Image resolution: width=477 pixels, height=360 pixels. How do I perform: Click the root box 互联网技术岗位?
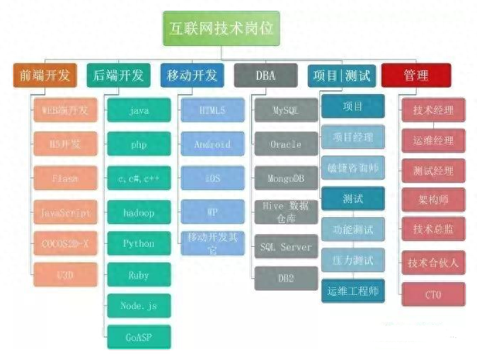point(222,29)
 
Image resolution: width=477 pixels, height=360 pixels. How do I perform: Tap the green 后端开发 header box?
point(118,75)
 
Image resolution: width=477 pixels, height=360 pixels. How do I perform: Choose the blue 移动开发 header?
point(192,75)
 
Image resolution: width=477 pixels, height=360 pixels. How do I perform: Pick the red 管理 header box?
point(415,75)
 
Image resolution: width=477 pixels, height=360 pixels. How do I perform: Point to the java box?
point(139,112)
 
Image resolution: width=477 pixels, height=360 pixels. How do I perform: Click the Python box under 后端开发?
point(139,243)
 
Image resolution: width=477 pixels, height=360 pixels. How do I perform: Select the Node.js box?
point(139,306)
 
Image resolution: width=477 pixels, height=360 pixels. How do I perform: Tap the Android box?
point(212,144)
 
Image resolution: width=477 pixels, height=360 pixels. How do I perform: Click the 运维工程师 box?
point(352,290)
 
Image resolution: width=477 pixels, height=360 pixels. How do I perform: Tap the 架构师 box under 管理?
point(433,200)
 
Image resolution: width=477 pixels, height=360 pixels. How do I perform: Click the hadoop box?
point(139,212)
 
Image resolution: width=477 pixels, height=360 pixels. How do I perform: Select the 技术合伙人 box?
point(433,262)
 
